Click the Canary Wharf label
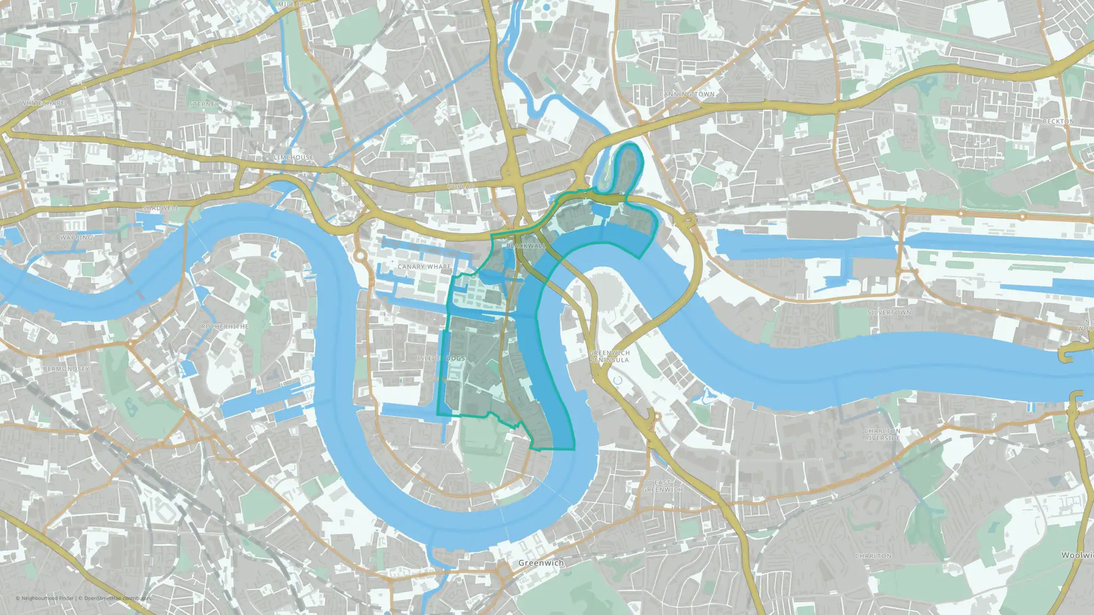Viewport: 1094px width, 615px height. coord(424,267)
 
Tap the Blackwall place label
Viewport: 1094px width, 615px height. coord(526,246)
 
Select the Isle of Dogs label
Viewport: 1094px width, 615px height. coord(441,358)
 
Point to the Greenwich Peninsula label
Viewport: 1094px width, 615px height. coord(609,356)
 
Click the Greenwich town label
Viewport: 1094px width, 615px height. coord(540,563)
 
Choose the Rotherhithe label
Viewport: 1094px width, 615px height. coord(225,326)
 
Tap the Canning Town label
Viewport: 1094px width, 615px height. coord(686,94)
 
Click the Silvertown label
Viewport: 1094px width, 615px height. coord(889,313)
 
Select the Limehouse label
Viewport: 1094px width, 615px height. coord(294,157)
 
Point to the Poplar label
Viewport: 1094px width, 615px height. coord(461,186)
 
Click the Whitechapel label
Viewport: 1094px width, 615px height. coord(44,103)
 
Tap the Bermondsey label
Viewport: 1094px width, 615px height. coord(66,369)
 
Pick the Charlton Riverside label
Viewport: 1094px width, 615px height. coord(882,435)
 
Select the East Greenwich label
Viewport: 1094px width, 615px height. coord(662,486)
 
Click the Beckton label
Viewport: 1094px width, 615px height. coord(1058,121)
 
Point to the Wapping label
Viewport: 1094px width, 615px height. coord(76,238)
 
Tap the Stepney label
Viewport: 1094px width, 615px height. coord(204,104)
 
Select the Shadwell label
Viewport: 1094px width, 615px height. coord(160,208)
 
